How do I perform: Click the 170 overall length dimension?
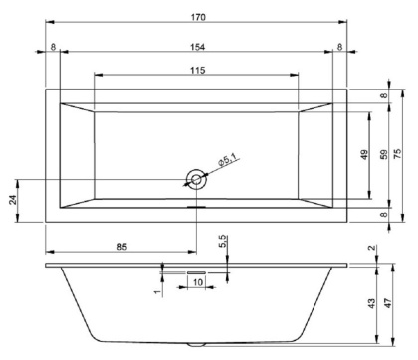(x=195, y=15)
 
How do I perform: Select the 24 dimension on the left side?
(x=14, y=200)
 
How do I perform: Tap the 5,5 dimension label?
(x=224, y=240)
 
